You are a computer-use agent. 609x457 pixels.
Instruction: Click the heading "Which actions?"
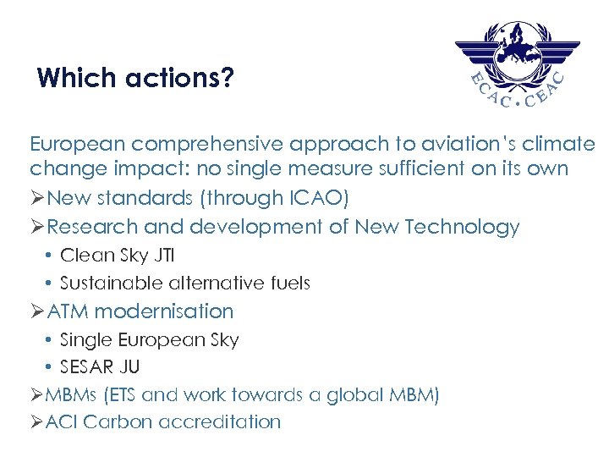click(135, 80)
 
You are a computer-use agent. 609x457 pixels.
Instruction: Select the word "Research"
click(93, 227)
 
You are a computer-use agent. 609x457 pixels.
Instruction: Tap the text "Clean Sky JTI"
click(117, 255)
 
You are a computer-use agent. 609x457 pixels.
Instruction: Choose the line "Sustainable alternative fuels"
click(185, 283)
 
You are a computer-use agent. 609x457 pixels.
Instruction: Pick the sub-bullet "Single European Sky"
click(150, 339)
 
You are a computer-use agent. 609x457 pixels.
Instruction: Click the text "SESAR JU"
click(100, 367)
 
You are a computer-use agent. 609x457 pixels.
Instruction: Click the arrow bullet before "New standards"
click(37, 199)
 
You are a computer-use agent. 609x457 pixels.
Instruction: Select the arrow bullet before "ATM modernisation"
click(37, 312)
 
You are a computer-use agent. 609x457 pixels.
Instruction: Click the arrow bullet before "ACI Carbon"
click(37, 422)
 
